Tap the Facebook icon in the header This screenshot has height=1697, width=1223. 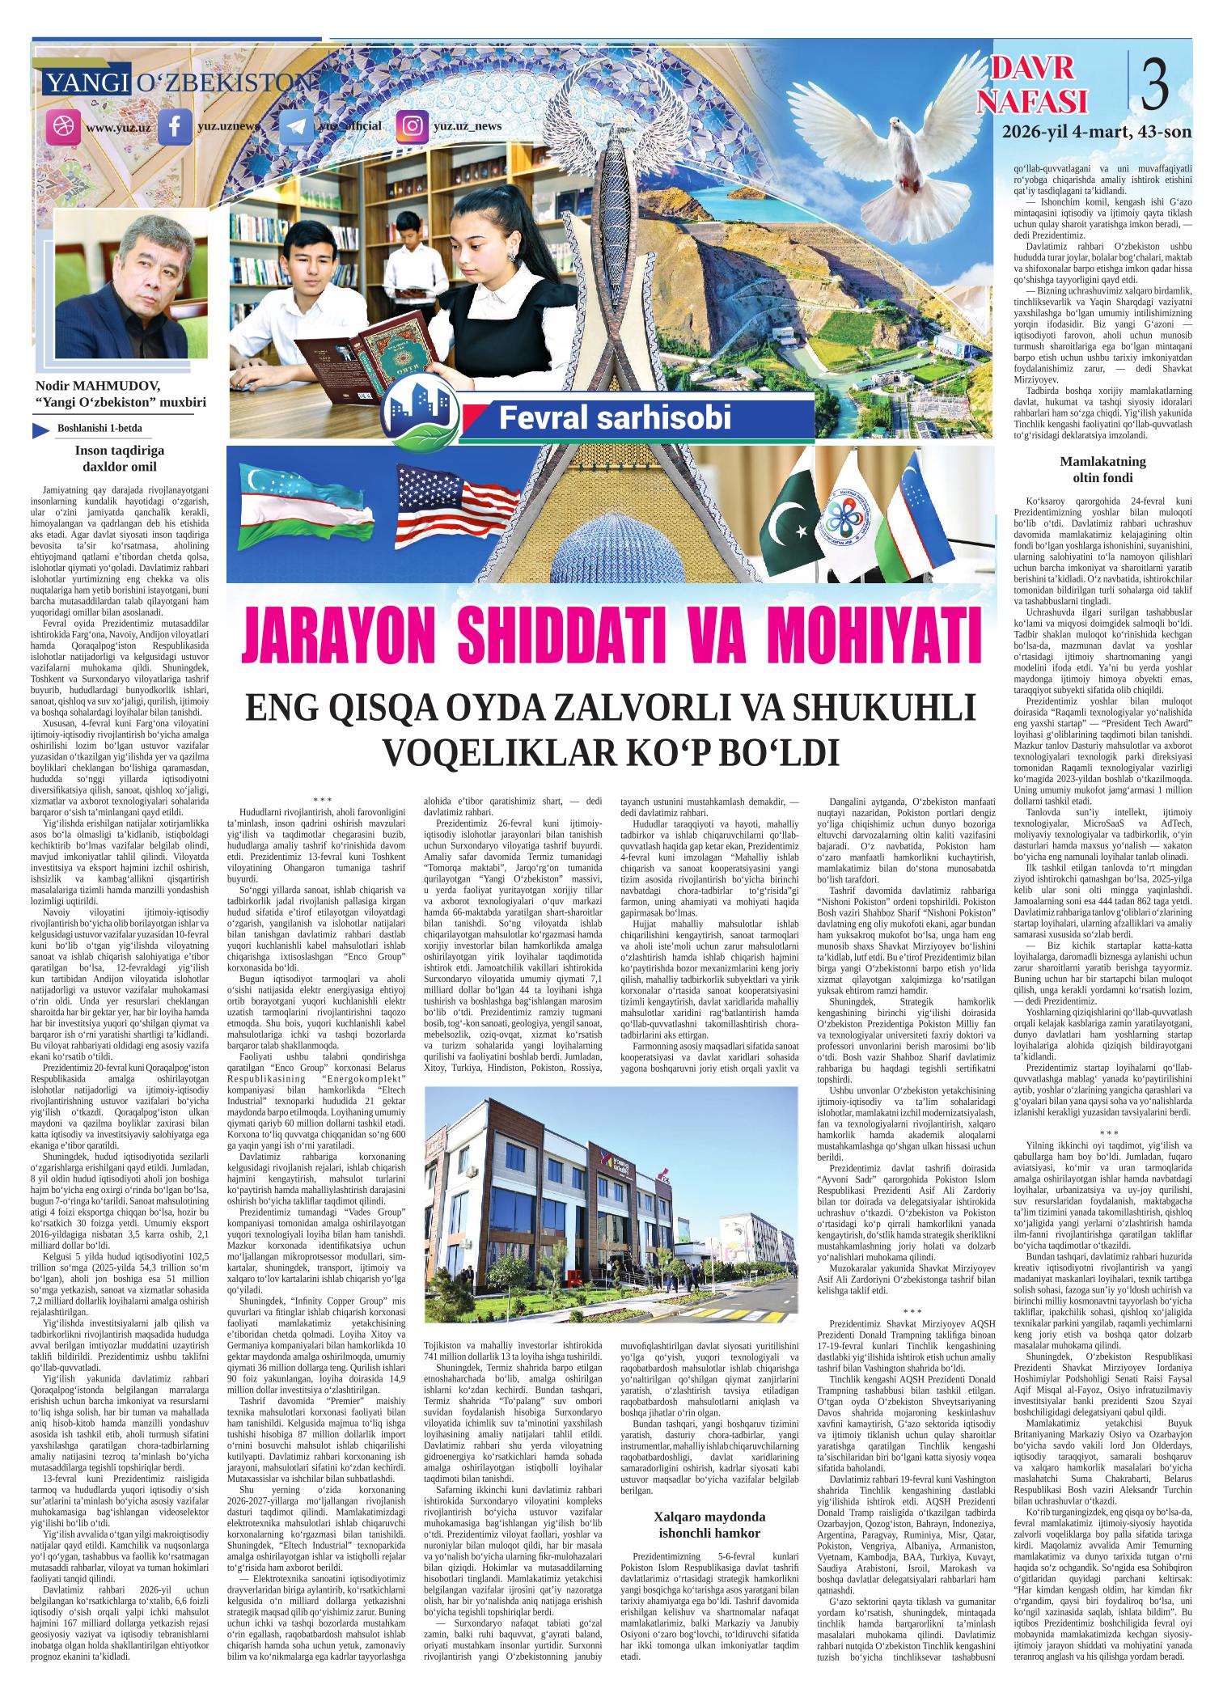174,128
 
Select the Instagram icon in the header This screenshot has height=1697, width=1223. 413,127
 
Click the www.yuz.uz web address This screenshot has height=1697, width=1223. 118,128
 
